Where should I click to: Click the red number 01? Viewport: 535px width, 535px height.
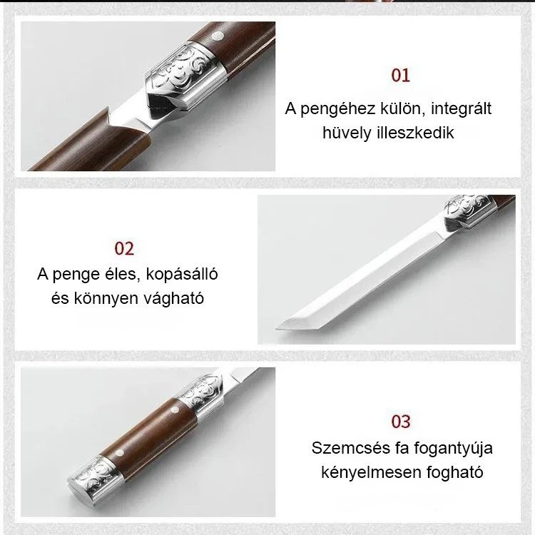click(400, 76)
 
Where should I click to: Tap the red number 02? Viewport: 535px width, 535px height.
click(124, 248)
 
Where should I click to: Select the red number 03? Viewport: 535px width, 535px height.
click(401, 422)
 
